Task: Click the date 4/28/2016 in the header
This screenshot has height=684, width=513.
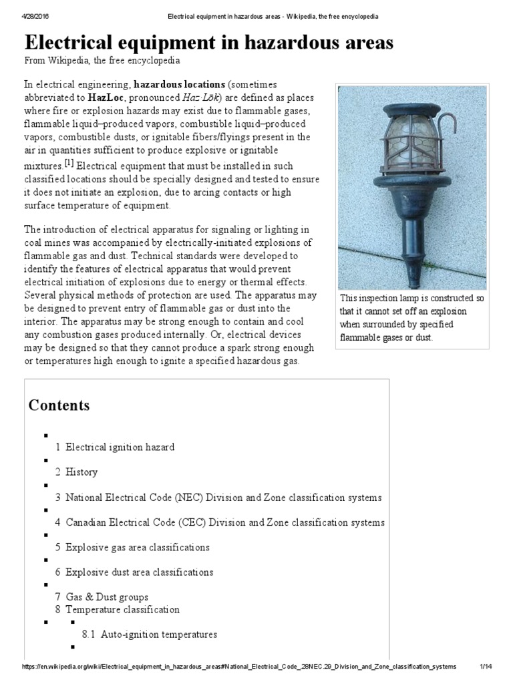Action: [37, 15]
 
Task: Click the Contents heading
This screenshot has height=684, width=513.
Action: [59, 405]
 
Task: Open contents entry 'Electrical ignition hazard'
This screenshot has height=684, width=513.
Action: [120, 447]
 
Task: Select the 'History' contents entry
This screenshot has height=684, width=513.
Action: [81, 472]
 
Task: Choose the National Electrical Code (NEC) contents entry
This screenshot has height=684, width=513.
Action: [223, 498]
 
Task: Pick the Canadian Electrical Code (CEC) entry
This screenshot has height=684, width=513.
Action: [224, 522]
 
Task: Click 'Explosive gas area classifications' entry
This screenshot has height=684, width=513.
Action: [137, 548]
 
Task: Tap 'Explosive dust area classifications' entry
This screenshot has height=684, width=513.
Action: [139, 572]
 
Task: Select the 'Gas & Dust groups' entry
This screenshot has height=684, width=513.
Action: [106, 597]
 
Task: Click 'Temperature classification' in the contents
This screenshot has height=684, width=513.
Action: [122, 609]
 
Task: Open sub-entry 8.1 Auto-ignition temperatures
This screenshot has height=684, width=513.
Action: [158, 635]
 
